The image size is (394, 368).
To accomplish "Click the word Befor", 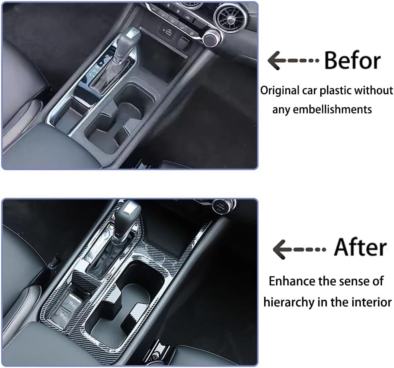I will pos(352,61).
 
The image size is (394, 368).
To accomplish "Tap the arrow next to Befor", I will pos(293,61).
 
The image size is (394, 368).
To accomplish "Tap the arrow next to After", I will pos(299,249).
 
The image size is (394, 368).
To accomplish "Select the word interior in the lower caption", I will pos(371,302).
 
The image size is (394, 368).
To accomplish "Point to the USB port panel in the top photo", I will pos(168,31).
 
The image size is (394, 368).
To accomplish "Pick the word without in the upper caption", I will pos(377,91).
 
